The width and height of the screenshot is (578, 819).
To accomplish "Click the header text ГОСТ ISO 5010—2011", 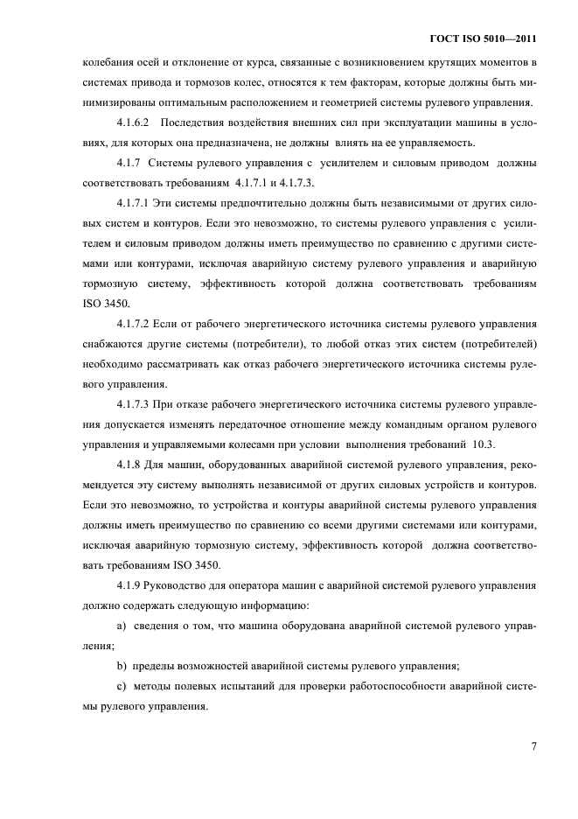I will [483, 39].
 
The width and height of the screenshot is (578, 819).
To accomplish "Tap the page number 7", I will [533, 746].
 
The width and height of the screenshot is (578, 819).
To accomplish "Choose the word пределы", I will [159, 666].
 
